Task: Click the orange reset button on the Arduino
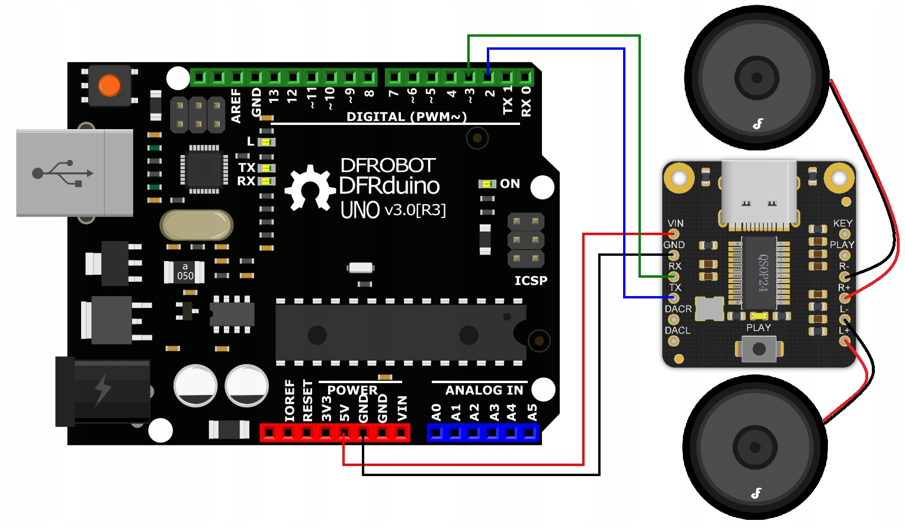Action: [110, 85]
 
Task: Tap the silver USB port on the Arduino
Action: [75, 173]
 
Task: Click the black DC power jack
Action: [102, 391]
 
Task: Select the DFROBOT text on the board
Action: [388, 165]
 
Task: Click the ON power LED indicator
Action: [487, 184]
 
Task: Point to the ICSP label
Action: [531, 281]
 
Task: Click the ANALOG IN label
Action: [484, 390]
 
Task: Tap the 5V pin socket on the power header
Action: [344, 433]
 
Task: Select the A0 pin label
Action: [437, 412]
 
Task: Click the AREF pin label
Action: [236, 105]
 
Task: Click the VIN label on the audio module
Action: [675, 223]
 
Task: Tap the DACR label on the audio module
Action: [678, 309]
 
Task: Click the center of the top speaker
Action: [756, 78]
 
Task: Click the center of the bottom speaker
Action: [755, 447]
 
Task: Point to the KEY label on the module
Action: [842, 223]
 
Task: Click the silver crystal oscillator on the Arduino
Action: [197, 225]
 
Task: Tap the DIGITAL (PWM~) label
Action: [406, 117]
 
